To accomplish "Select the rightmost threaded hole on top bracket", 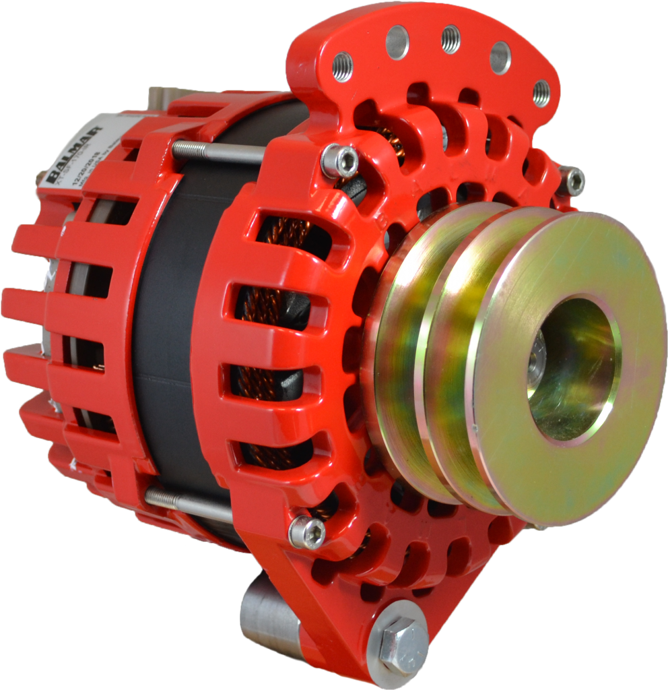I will [x=541, y=93].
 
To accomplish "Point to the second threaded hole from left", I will [x=397, y=42].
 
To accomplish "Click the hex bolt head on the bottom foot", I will [x=401, y=644].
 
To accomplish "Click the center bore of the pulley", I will [x=572, y=367].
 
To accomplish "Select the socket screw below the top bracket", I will [x=339, y=160].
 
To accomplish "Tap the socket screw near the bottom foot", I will [x=307, y=532].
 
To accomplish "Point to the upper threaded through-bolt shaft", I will [x=215, y=152].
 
